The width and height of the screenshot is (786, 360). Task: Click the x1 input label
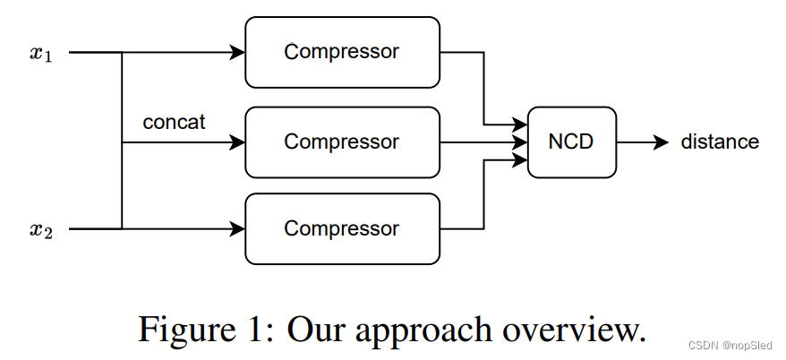point(40,53)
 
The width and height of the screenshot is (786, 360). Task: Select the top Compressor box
point(342,52)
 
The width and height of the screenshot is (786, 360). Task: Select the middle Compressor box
point(342,141)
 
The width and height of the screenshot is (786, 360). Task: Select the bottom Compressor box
point(342,229)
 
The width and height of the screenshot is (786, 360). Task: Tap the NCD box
point(572,141)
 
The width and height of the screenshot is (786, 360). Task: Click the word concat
point(174,122)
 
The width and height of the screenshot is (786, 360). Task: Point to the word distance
point(720,141)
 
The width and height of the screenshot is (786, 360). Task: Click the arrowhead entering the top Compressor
point(238,53)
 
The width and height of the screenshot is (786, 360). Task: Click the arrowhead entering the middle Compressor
point(238,141)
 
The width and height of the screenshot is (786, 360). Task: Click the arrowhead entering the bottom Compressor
point(238,229)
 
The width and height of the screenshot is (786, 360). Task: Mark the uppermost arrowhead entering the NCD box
point(521,125)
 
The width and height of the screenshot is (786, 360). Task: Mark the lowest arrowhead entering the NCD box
point(521,159)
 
